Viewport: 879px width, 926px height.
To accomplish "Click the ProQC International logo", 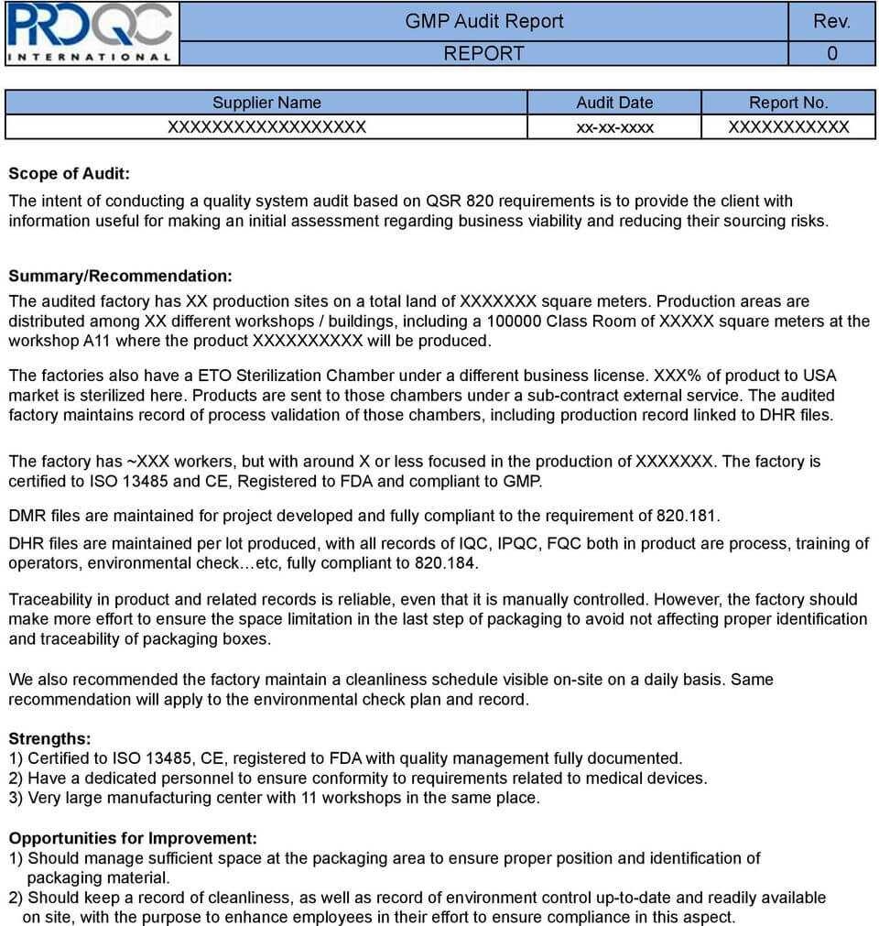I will pyautogui.click(x=90, y=33).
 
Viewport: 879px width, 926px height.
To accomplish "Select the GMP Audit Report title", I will pyautogui.click(x=484, y=21).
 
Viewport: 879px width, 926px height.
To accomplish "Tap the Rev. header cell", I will pyautogui.click(x=831, y=21).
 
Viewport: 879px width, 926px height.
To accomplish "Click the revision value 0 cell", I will pyautogui.click(x=831, y=53).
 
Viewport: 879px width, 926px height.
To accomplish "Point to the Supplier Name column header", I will pyautogui.click(x=266, y=103).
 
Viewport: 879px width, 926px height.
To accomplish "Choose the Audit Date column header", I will pyautogui.click(x=614, y=103).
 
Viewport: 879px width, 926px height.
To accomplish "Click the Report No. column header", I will pyautogui.click(x=788, y=103).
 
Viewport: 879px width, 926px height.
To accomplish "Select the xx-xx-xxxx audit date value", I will pyautogui.click(x=614, y=127).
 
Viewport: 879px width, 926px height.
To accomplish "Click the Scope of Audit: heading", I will pyautogui.click(x=70, y=173).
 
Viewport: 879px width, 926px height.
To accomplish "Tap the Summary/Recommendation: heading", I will pyautogui.click(x=120, y=276).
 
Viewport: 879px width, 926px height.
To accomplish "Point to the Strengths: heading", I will pyautogui.click(x=49, y=738).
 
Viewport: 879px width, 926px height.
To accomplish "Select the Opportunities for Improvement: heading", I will pyautogui.click(x=133, y=838).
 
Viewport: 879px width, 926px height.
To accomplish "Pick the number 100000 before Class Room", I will pyautogui.click(x=514, y=321).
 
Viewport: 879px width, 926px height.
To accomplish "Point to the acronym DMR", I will pyautogui.click(x=27, y=516).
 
